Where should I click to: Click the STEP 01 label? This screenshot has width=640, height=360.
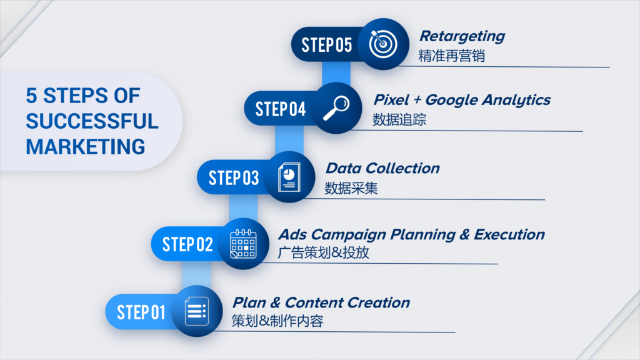141,312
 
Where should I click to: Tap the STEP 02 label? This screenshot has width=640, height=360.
187,244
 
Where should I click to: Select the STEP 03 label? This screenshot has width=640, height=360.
234,178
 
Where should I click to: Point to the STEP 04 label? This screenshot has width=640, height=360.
281,109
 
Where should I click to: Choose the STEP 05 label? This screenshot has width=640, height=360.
326,45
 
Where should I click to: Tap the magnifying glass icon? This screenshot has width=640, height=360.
336,108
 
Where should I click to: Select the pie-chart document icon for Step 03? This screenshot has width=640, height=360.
289,177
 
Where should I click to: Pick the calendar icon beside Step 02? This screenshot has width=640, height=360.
243,244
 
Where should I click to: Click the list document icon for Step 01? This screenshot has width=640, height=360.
197,311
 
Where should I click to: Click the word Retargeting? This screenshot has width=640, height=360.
462,37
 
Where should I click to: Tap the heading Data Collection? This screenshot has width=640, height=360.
383,168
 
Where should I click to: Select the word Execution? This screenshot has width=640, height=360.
509,234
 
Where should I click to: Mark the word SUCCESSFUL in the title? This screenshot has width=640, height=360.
92,121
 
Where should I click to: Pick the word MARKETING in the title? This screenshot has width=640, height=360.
86,147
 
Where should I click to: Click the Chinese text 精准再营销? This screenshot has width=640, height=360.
451,56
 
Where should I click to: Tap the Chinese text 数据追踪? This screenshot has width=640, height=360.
399,119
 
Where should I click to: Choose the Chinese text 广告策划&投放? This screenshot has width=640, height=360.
323,252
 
